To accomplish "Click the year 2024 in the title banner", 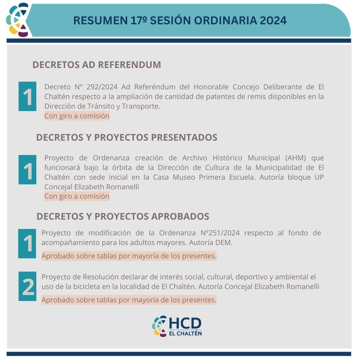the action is pos(273,20).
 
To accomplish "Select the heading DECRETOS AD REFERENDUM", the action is pos(97,65).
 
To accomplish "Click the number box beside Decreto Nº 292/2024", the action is pos(27,96).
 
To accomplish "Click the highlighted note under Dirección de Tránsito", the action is pos(77,116).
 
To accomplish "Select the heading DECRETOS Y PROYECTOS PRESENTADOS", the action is pos(127,137).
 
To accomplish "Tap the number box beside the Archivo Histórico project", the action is pos(27,170).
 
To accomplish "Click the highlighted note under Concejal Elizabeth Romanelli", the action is pos(77,196).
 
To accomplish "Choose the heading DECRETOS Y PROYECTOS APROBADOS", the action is pos(123,216).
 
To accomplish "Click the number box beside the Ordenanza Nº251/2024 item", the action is pos(27,244).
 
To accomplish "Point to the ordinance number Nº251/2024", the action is pos(220,233).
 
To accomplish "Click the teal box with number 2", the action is pos(27,286).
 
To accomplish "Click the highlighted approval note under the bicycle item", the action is pos(129,300).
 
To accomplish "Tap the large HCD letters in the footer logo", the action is pos(185,323).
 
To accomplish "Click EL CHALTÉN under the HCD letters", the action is pos(185,333).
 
